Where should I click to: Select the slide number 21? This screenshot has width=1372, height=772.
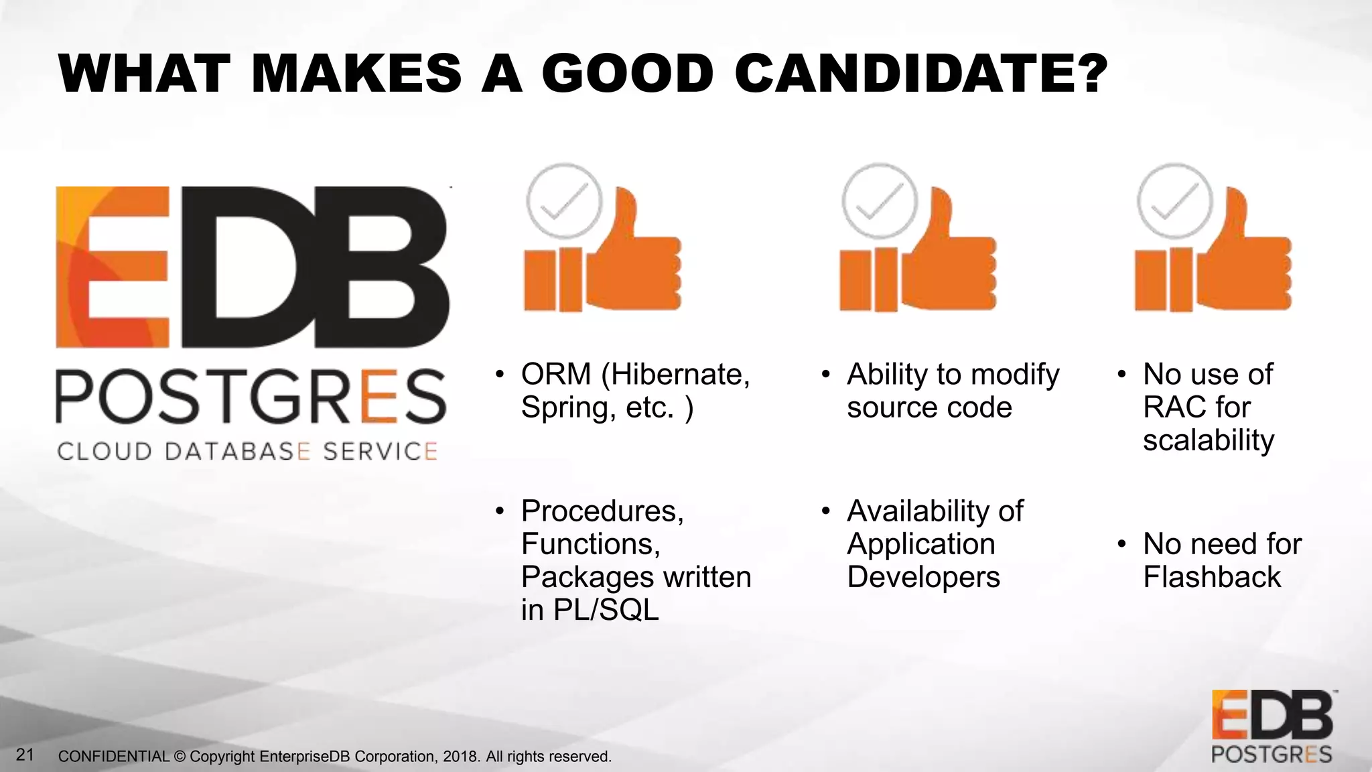(x=25, y=755)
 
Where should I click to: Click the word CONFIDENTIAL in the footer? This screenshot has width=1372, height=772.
(x=114, y=757)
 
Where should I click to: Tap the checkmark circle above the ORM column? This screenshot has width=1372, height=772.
(x=564, y=201)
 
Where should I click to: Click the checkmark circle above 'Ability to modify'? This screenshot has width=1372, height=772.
(x=880, y=201)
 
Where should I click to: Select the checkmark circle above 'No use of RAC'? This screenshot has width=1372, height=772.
(x=1175, y=201)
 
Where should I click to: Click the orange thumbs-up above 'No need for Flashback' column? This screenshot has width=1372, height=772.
(x=1243, y=261)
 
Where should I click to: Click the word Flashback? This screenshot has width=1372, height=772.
(x=1212, y=577)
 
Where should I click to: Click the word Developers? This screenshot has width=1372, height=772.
(x=923, y=577)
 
